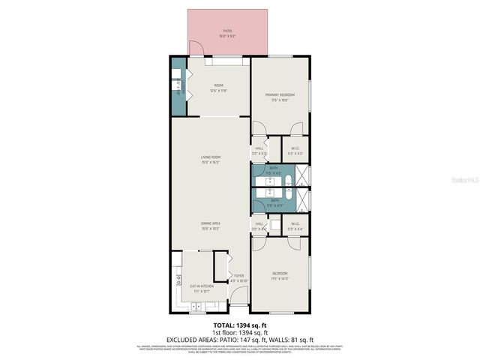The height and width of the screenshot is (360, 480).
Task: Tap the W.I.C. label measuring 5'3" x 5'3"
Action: (295, 148)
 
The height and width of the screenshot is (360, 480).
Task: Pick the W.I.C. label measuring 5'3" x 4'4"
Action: (295, 224)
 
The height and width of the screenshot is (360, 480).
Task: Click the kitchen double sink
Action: (196, 306)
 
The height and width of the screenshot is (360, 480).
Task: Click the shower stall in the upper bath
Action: (300, 175)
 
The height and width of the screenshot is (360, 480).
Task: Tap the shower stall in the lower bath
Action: (300, 199)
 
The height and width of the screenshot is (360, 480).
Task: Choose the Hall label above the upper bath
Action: (259, 148)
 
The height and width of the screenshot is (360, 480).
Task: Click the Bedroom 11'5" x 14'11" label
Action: (280, 276)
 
